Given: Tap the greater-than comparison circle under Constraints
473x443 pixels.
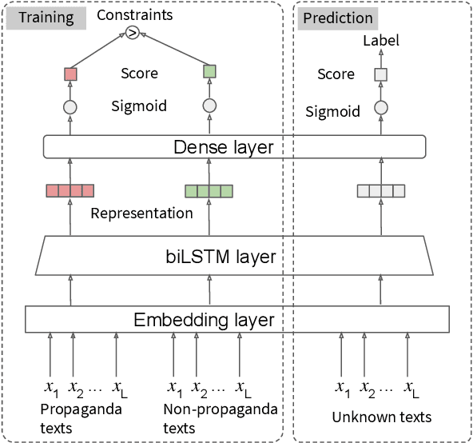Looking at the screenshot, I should click(x=133, y=33).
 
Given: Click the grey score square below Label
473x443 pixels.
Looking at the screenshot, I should click(x=380, y=75).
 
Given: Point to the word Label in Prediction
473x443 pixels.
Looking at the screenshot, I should click(x=381, y=40).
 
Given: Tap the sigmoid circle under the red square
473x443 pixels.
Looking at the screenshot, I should click(x=70, y=106).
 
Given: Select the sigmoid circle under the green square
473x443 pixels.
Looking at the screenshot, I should click(x=209, y=106).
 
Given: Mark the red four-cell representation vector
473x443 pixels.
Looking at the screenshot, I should click(x=70, y=190).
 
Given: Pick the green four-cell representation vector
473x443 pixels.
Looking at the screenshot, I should click(x=209, y=190).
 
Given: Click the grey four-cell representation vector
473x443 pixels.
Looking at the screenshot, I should click(x=381, y=190).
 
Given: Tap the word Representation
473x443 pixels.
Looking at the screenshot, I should click(x=141, y=214).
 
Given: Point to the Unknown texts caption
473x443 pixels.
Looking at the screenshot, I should click(x=382, y=417).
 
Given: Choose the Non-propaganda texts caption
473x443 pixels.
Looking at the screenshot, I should click(x=220, y=418).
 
